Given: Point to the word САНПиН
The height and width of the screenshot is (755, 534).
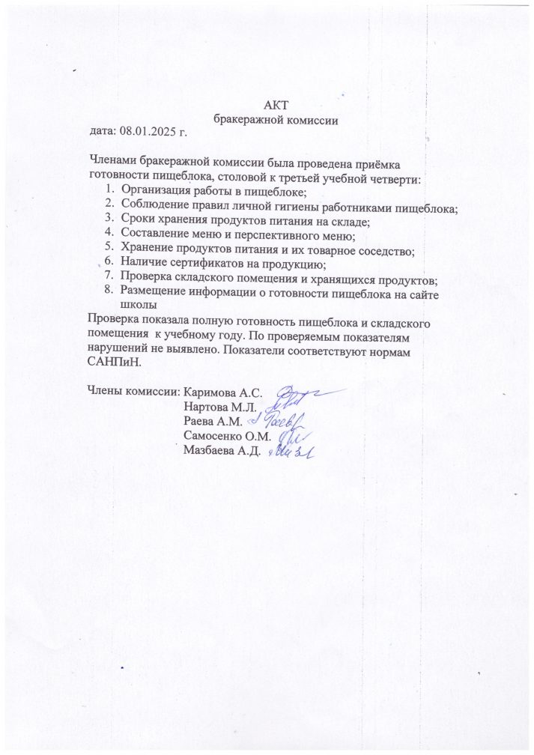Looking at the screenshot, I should tap(114, 362).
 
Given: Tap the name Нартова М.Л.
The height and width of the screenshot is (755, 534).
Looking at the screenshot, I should tap(220, 407).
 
